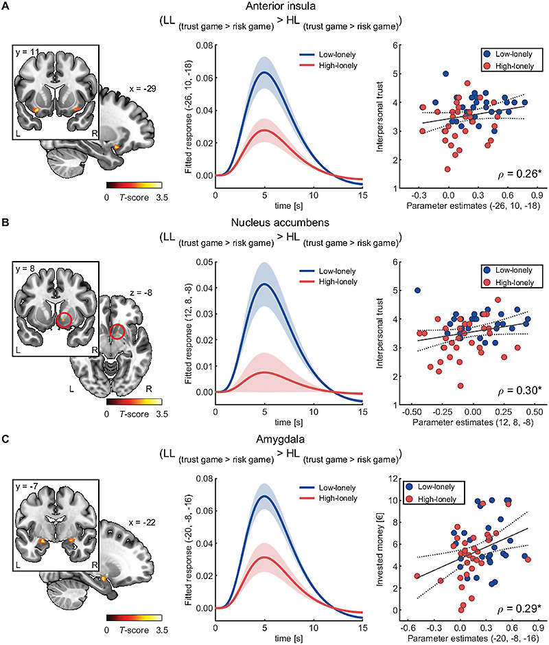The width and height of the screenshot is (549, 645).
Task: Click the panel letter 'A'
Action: click(x=5, y=7)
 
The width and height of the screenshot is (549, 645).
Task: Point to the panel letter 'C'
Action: click(x=5, y=438)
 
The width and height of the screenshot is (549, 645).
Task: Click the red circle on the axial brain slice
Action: click(x=118, y=333)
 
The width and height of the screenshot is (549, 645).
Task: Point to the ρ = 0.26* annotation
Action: click(x=519, y=172)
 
